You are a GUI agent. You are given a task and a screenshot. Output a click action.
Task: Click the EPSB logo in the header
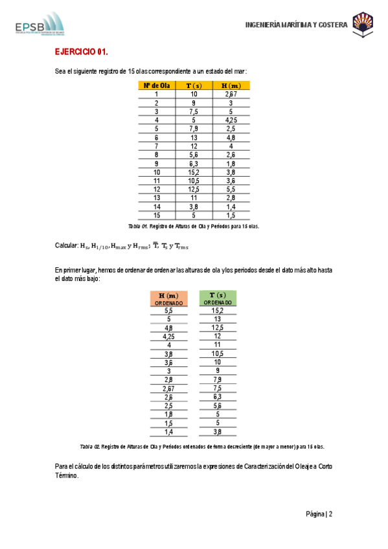pyautogui.click(x=40, y=25)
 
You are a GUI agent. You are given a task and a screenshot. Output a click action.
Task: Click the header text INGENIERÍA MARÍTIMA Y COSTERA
pyautogui.click(x=296, y=25)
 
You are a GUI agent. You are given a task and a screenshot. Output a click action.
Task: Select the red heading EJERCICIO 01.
pyautogui.click(x=81, y=52)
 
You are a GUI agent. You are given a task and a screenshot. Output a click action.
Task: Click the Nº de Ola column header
pyautogui.click(x=157, y=85)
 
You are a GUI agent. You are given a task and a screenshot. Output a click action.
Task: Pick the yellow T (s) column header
pyautogui.click(x=194, y=85)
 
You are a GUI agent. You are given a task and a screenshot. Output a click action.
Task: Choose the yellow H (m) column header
pyautogui.click(x=231, y=85)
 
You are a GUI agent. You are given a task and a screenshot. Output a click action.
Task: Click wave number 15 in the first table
pyautogui.click(x=157, y=215)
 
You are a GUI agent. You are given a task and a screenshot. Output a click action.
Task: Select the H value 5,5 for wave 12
pyautogui.click(x=231, y=189)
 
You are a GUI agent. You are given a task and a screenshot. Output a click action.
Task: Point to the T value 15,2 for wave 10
pyautogui.click(x=194, y=172)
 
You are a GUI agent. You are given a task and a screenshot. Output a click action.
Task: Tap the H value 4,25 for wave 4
pyautogui.click(x=231, y=120)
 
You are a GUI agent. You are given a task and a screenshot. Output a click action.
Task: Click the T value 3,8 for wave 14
pyautogui.click(x=194, y=207)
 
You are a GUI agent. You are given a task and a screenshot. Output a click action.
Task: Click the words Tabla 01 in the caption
pyautogui.click(x=139, y=226)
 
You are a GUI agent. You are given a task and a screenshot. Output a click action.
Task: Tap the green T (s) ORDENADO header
pyautogui.click(x=218, y=298)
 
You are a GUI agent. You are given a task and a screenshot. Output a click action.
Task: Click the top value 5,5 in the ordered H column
pyautogui.click(x=168, y=311)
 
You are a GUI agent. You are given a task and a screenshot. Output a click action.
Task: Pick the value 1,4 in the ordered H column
pyautogui.click(x=168, y=432)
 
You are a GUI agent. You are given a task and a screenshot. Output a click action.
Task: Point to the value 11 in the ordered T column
pyautogui.click(x=218, y=345)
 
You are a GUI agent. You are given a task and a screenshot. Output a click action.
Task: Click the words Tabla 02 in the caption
pyautogui.click(x=89, y=447)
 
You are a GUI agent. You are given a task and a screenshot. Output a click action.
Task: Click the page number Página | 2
pyautogui.click(x=319, y=514)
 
